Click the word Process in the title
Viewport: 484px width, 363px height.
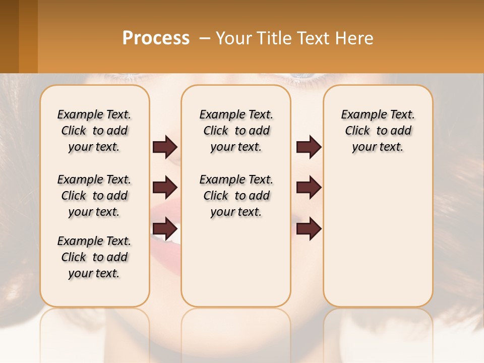[x=156, y=38]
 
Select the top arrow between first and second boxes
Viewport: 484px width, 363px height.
[x=165, y=147]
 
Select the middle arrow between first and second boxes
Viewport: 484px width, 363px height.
[x=165, y=188]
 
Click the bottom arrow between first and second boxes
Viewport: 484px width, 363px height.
[x=165, y=228]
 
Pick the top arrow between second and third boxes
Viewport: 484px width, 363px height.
[x=309, y=147]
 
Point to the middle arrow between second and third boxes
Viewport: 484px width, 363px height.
[x=309, y=188]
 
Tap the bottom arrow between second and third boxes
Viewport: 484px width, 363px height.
[x=309, y=228]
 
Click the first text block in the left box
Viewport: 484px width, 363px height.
[x=94, y=131]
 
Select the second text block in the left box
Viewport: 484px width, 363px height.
[x=94, y=196]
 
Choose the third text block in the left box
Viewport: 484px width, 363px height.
[x=94, y=257]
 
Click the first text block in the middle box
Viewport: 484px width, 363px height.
[x=236, y=131]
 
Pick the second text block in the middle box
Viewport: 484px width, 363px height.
[x=236, y=196]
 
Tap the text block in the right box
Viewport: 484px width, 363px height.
[x=378, y=131]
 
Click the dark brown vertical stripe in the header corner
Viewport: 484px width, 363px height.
[x=9, y=36]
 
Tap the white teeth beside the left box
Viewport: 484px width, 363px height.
[x=164, y=237]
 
